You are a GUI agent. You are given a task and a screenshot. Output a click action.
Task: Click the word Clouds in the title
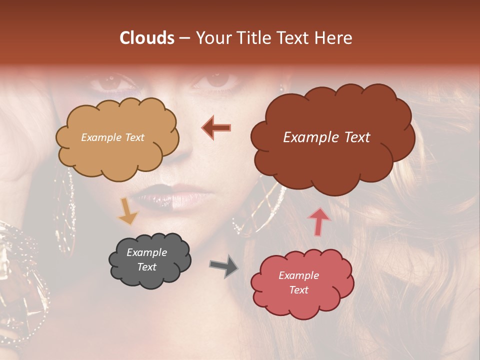147,38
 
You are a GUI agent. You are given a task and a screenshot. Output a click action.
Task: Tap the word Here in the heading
335,38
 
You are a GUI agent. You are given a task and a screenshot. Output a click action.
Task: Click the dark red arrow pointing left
216,127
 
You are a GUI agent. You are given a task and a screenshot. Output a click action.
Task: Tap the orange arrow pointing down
127,211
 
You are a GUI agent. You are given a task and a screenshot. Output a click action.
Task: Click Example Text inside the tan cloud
113,137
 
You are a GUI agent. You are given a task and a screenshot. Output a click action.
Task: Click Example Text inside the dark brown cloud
326,137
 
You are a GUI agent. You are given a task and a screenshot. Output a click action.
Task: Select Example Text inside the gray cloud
147,259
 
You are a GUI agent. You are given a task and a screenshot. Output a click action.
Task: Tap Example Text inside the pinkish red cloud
299,282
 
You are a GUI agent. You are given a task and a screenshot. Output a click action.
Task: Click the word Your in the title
213,38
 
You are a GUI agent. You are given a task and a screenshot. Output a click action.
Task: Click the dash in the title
184,38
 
